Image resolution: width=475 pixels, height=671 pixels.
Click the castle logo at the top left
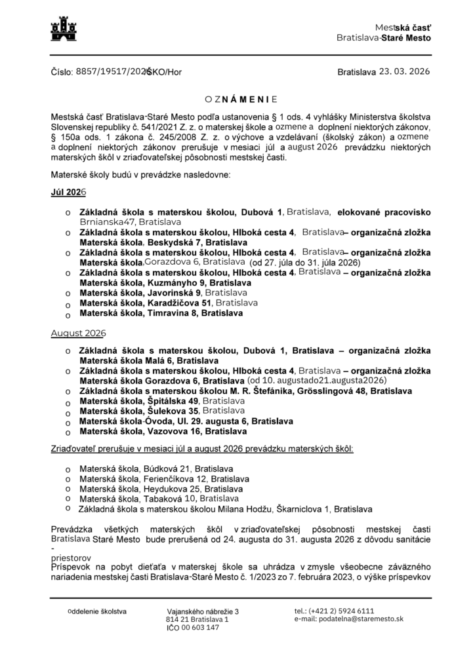[x=64, y=29]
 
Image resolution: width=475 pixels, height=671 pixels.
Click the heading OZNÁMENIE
[x=241, y=99]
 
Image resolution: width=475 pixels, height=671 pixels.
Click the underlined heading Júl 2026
[x=68, y=194]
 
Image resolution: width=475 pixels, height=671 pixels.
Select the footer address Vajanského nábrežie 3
[x=203, y=611]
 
